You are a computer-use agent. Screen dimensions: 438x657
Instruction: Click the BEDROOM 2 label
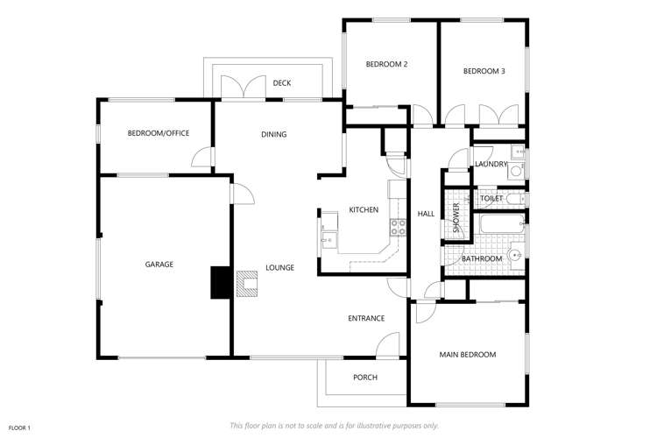click(x=386, y=64)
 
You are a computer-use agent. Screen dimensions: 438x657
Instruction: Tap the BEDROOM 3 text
click(x=484, y=71)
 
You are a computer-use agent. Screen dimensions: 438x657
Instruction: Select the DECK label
click(x=281, y=83)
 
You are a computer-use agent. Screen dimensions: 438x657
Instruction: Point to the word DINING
click(x=274, y=134)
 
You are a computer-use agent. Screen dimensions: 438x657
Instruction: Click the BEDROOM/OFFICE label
click(x=159, y=133)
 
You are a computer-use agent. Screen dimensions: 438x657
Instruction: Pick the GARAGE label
click(x=159, y=264)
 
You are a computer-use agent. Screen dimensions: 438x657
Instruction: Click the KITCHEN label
click(x=364, y=210)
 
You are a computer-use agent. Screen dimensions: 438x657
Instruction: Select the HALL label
click(x=426, y=214)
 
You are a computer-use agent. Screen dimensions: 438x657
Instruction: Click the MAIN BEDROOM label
click(x=467, y=355)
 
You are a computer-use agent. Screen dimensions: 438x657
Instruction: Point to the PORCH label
click(x=364, y=378)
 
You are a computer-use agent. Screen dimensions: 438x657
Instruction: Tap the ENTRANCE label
click(x=366, y=318)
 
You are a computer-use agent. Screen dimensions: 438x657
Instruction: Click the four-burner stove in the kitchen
click(x=398, y=227)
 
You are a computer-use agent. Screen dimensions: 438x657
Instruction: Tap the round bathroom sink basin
click(x=516, y=256)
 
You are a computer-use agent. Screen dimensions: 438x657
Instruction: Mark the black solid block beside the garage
click(x=218, y=283)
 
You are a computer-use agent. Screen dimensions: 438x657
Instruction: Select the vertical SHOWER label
click(x=456, y=223)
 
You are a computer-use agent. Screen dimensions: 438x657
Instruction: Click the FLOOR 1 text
click(x=19, y=427)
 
